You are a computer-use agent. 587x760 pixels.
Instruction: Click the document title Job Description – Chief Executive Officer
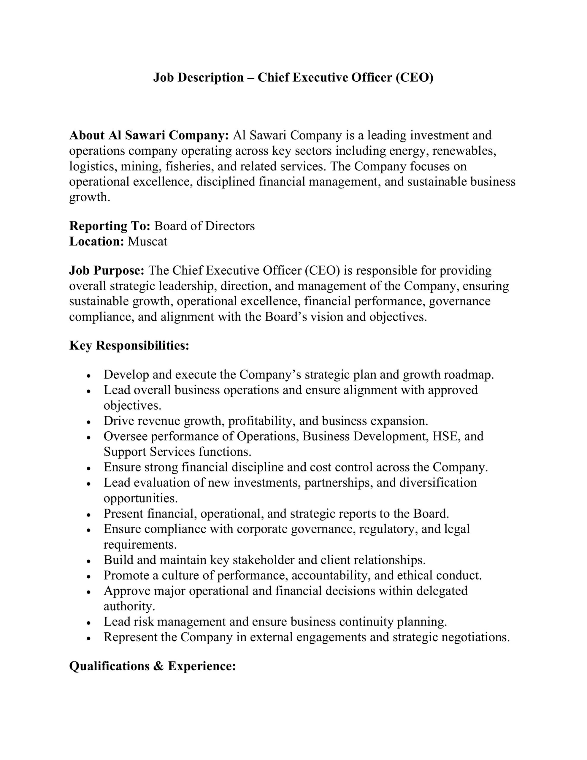point(293,77)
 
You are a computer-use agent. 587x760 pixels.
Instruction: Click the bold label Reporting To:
point(110,226)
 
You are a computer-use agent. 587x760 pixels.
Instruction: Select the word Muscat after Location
point(147,241)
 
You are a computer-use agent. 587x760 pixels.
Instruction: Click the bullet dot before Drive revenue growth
point(89,422)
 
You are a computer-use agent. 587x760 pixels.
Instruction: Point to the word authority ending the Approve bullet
point(129,606)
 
